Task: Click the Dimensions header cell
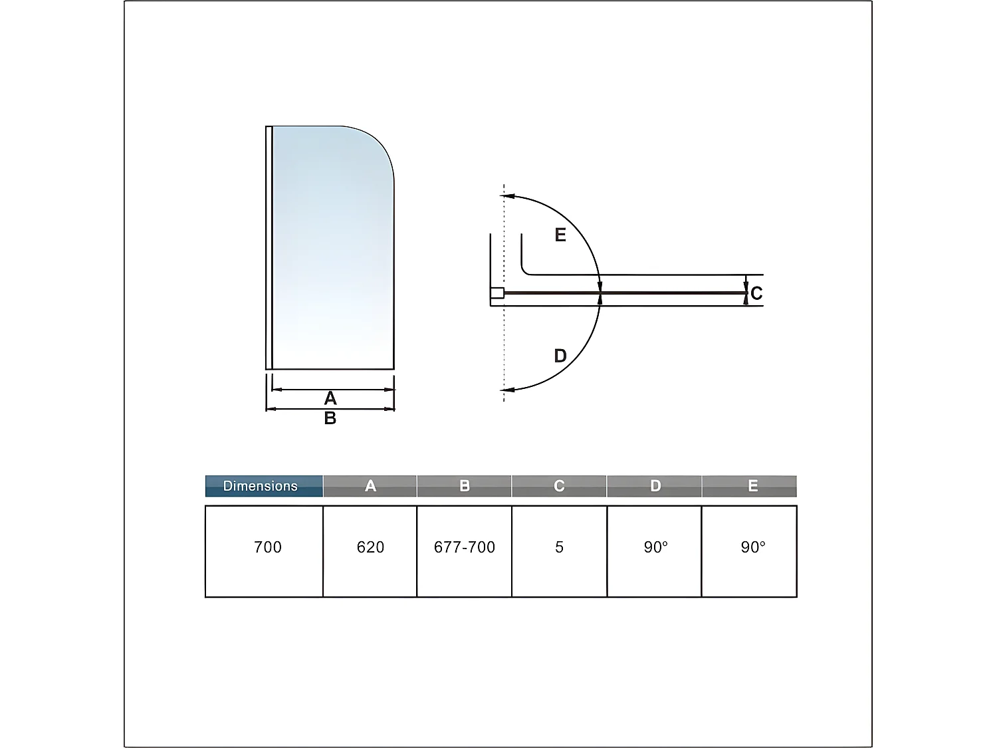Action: point(264,486)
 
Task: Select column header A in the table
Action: point(370,486)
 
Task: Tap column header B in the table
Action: point(465,486)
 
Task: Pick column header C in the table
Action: point(559,486)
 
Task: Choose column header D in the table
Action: point(655,486)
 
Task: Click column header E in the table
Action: point(752,486)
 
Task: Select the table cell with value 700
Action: point(267,547)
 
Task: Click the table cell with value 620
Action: point(370,547)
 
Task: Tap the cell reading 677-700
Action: point(465,547)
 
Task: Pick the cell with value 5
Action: point(559,547)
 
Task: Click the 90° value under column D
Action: point(655,547)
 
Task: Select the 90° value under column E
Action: point(753,547)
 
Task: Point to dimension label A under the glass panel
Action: point(330,398)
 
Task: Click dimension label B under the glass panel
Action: point(330,418)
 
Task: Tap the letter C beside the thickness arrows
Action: point(756,293)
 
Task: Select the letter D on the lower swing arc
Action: point(560,356)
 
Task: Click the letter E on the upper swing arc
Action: point(560,235)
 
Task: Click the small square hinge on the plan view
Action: point(497,293)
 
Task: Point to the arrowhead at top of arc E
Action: point(506,196)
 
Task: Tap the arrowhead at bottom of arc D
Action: point(506,390)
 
